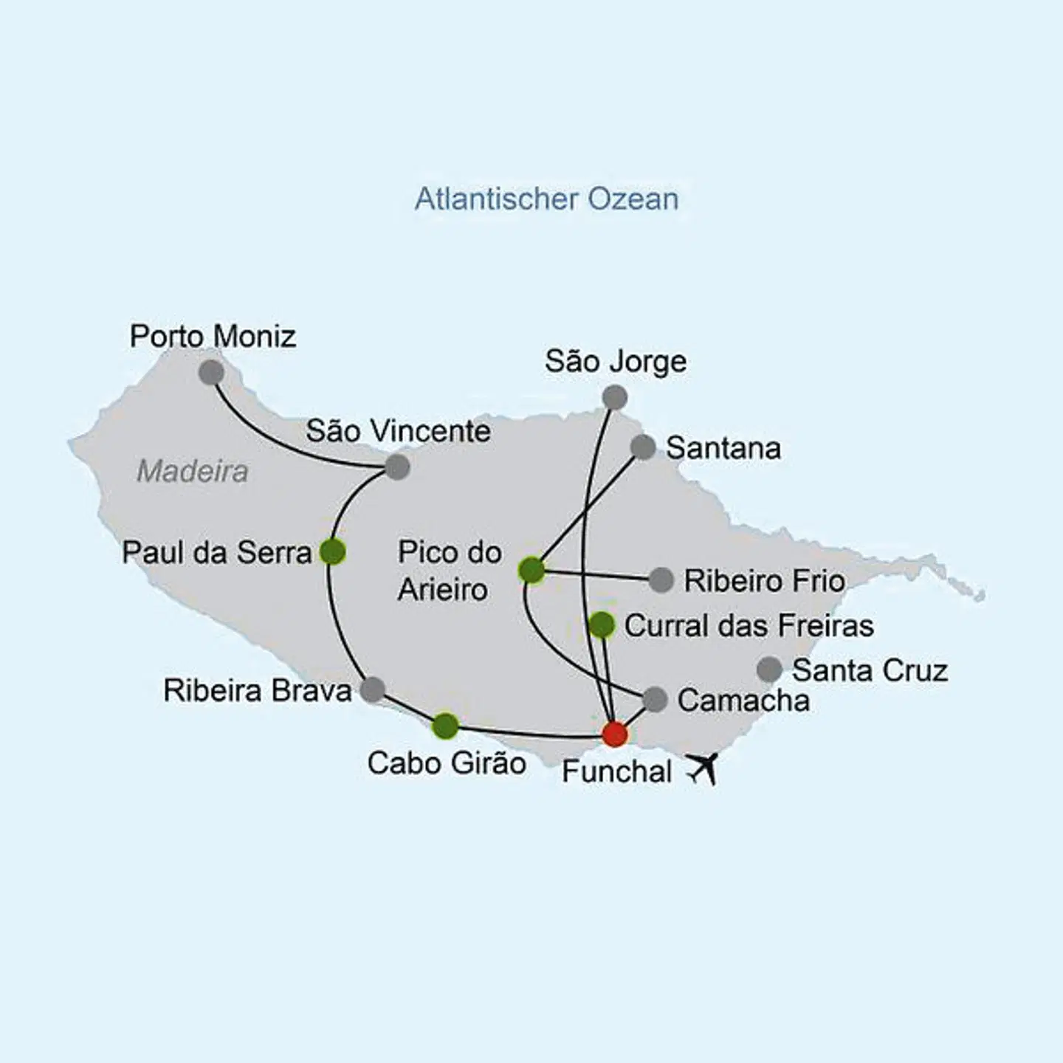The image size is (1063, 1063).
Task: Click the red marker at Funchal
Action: click(x=615, y=735)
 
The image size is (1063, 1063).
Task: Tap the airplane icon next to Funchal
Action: click(x=703, y=768)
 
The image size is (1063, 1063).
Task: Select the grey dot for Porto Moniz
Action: click(x=211, y=372)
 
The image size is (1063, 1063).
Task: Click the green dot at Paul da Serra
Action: click(x=333, y=551)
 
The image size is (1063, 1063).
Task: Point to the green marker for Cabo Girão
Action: click(x=445, y=726)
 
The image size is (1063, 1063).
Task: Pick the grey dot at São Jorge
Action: click(x=615, y=398)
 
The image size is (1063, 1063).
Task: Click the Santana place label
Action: click(x=723, y=448)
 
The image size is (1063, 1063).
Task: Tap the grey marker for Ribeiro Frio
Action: click(x=661, y=580)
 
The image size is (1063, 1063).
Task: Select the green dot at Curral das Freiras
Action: click(x=602, y=625)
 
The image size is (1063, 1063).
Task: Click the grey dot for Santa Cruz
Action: click(x=769, y=670)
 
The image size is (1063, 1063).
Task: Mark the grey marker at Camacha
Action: click(x=655, y=699)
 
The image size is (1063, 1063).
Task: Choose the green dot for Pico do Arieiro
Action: click(x=531, y=569)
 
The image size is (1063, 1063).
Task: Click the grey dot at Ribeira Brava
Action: click(x=372, y=689)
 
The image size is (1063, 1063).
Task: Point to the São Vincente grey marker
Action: click(x=397, y=467)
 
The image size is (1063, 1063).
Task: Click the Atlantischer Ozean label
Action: click(x=546, y=199)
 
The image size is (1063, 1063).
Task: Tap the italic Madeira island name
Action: click(x=193, y=471)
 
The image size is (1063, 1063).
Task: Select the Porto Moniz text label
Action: click(x=213, y=337)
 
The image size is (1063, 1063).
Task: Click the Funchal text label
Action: click(x=616, y=771)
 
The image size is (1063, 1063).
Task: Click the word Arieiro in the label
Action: click(x=442, y=590)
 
